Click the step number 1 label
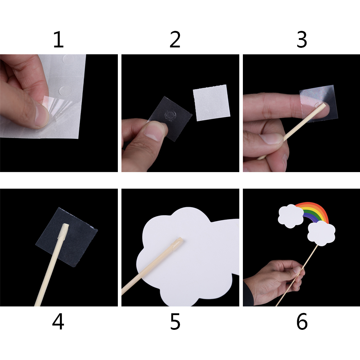58,40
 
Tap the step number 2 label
175,40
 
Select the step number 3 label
302,40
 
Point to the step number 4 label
58,322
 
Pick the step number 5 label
175,322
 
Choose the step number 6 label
302,322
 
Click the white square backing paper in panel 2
212,103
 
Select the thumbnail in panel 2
154,130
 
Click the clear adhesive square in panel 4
66,237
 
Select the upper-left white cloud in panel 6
291,216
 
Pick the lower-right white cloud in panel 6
321,233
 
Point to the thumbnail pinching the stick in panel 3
271,139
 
